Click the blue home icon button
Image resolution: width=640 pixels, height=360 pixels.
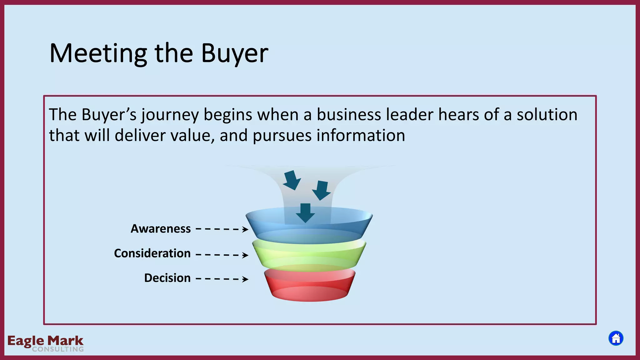pyautogui.click(x=616, y=338)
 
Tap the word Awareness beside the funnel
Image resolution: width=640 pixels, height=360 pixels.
pyautogui.click(x=161, y=229)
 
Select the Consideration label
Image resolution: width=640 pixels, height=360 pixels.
pyautogui.click(x=152, y=253)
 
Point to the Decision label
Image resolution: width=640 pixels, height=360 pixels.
pyautogui.click(x=167, y=278)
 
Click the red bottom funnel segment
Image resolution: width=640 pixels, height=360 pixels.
pyautogui.click(x=309, y=286)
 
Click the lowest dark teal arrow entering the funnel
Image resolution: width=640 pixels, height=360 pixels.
pyautogui.click(x=305, y=213)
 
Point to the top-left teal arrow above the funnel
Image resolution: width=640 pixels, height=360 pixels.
pyautogui.click(x=292, y=180)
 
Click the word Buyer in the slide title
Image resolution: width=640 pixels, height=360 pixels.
pyautogui.click(x=234, y=53)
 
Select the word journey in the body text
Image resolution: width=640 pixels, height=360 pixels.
pyautogui.click(x=170, y=115)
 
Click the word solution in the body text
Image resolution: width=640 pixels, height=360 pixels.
pyautogui.click(x=547, y=114)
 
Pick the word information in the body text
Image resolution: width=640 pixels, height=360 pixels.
pyautogui.click(x=361, y=136)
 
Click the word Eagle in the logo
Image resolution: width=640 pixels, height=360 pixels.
pyautogui.click(x=26, y=341)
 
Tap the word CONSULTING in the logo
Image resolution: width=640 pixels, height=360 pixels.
pyautogui.click(x=58, y=349)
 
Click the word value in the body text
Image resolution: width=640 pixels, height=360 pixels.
pyautogui.click(x=192, y=136)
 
